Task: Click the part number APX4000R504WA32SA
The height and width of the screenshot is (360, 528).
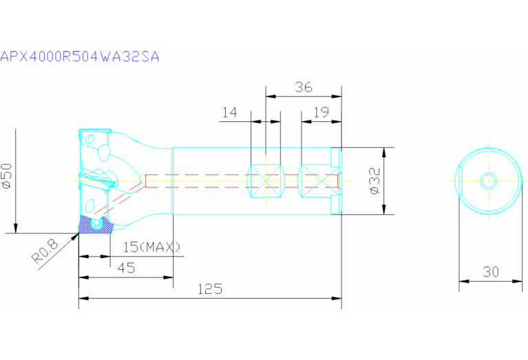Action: click(x=80, y=57)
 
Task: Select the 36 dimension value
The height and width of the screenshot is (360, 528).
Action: click(x=303, y=87)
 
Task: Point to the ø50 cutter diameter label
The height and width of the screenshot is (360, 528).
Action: click(x=8, y=176)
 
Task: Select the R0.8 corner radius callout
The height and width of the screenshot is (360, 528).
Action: click(x=43, y=257)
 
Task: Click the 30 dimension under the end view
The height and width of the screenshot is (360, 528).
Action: click(x=490, y=272)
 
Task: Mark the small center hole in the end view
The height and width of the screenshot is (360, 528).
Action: click(x=489, y=180)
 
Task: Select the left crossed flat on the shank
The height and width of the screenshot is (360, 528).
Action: click(x=266, y=181)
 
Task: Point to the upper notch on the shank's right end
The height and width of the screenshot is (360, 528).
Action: click(x=336, y=158)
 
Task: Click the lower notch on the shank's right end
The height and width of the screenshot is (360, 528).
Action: click(x=336, y=204)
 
